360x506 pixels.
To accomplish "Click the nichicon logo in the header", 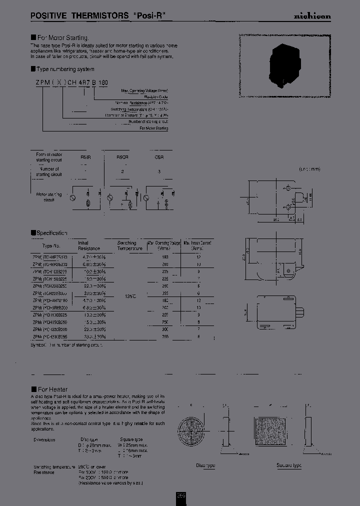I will point(311,16).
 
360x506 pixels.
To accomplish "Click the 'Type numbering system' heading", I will point(65,69).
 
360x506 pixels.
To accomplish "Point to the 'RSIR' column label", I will point(86,157).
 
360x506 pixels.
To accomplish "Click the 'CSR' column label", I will point(159,157).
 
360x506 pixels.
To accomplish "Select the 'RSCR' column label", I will point(122,157).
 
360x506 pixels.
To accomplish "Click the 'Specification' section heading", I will point(51,233).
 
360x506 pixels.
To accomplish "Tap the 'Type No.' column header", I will point(51,245).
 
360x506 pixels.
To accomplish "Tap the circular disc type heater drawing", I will point(195,431).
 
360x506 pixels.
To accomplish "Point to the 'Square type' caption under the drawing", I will point(289,465).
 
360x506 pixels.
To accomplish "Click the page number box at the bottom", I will point(180,495).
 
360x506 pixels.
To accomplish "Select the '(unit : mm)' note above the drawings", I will point(309,169).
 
